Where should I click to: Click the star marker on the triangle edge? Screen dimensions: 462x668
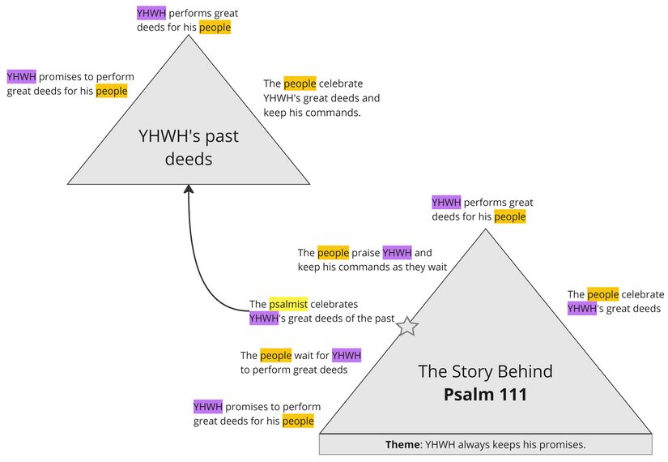pos(408,326)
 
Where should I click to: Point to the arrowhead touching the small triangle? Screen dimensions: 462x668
pos(189,190)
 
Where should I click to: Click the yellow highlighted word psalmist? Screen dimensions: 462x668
pos(288,304)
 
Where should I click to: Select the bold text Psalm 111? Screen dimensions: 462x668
pos(485,395)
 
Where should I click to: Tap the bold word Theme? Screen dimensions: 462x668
pos(402,445)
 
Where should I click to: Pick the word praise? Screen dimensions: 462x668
pos(366,253)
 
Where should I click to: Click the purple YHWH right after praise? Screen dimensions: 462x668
pos(397,253)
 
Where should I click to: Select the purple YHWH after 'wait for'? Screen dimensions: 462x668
pos(347,355)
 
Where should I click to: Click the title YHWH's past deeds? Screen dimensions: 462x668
pos(189,147)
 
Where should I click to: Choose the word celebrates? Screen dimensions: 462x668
pos(334,304)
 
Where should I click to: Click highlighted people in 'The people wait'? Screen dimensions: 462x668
pos(275,355)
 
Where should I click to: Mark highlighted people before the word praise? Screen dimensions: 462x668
pos(333,253)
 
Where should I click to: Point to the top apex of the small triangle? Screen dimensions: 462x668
pos(189,38)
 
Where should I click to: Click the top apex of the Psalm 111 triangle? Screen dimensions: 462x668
pos(486,229)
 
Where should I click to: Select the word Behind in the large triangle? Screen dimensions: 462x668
pos(525,372)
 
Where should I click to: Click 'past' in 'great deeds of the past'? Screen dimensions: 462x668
pos(384,319)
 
